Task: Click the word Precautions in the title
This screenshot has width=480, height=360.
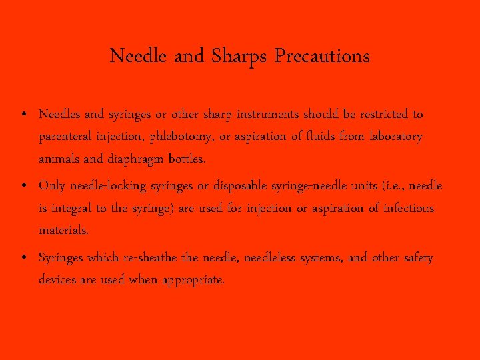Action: coord(324,56)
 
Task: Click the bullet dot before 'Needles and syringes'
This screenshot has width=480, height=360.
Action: coord(23,115)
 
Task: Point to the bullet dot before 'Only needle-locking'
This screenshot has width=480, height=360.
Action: coord(23,186)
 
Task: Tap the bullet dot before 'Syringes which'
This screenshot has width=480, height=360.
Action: coord(23,258)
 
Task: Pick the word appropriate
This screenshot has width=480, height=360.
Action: coord(193,280)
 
